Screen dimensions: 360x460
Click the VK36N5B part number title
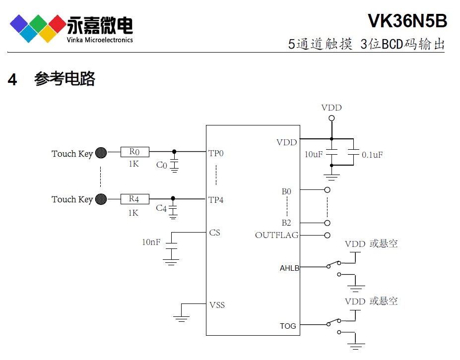point(407,21)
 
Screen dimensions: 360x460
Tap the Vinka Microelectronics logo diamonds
point(38,28)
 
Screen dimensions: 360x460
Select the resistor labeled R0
point(134,152)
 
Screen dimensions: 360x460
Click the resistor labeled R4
point(134,199)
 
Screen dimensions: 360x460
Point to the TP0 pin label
point(216,153)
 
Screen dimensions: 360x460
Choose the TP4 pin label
point(216,200)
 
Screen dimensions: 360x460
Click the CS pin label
point(214,233)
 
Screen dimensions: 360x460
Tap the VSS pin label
point(217,305)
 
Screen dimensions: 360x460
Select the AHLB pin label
point(289,268)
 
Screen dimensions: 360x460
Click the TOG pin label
point(288,326)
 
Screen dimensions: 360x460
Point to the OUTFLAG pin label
point(276,235)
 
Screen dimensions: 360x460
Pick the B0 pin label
point(286,191)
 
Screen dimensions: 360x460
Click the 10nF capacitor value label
point(151,242)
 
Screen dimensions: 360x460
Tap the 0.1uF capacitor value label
point(372,155)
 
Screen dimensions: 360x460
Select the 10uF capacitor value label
point(314,155)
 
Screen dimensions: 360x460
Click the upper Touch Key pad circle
point(101,153)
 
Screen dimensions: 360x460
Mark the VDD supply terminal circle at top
point(331,118)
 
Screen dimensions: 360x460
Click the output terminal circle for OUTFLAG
point(327,235)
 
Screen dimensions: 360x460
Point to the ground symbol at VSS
point(182,318)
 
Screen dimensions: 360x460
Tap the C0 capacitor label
point(162,165)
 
